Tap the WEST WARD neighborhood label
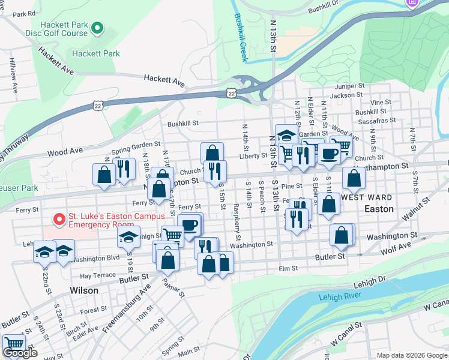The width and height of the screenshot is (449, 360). click(367, 197)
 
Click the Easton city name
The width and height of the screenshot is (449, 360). click(379, 209)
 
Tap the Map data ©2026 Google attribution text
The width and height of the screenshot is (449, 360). click(411, 355)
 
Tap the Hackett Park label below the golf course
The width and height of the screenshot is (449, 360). click(95, 53)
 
